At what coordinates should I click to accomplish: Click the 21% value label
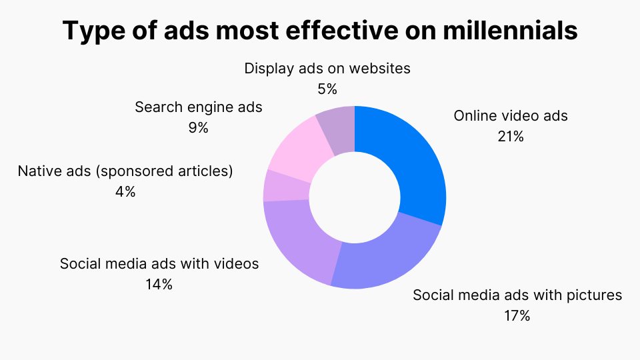[x=511, y=137]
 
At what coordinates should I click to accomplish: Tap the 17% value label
[x=517, y=316]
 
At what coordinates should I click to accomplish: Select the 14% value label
[x=159, y=284]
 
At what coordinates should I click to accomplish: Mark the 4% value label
[x=125, y=192]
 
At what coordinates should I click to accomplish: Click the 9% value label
[x=198, y=128]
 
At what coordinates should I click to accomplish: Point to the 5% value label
[x=327, y=89]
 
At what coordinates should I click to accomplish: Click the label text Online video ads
[x=511, y=115]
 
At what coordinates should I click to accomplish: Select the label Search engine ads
[x=199, y=107]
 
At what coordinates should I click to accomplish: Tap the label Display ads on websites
[x=327, y=68]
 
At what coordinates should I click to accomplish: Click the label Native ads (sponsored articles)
[x=125, y=171]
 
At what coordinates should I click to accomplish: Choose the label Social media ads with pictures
[x=517, y=295]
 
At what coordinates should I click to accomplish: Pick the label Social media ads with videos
[x=159, y=263]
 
